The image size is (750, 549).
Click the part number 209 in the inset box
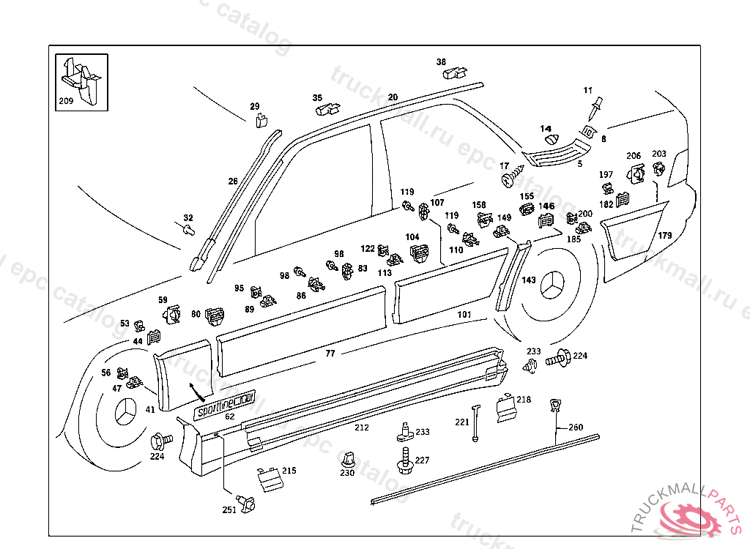(66, 100)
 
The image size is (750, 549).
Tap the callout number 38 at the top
(441, 62)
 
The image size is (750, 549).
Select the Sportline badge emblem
(226, 406)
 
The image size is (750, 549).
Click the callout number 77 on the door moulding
(330, 354)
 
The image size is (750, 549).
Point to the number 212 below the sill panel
(362, 427)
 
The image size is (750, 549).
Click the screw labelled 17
(511, 176)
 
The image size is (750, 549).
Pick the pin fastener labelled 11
(595, 109)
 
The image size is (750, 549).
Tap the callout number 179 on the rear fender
(665, 236)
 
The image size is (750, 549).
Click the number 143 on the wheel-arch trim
(529, 280)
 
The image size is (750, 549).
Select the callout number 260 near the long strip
(576, 427)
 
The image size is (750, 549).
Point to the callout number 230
(347, 473)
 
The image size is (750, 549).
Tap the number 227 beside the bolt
(423, 460)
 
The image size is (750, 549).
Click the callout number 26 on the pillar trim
(233, 182)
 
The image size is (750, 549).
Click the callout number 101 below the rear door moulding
(464, 315)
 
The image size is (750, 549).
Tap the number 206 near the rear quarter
(634, 156)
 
